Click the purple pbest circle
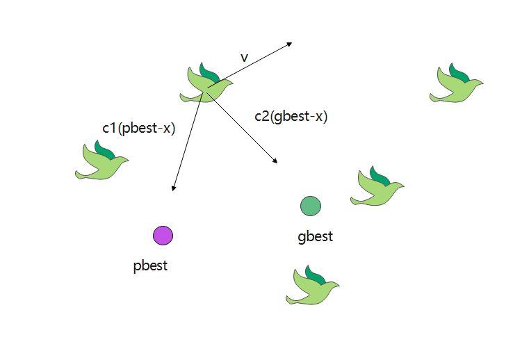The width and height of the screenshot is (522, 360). [x=163, y=236]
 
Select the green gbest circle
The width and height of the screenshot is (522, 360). [x=310, y=206]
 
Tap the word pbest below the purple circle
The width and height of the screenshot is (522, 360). [x=150, y=265]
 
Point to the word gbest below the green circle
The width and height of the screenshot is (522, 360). [x=315, y=236]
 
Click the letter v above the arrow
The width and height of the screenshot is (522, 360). [x=244, y=58]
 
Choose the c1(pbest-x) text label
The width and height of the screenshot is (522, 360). [x=138, y=128]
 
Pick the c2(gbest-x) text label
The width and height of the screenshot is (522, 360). [x=291, y=117]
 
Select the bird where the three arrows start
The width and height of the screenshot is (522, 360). [x=206, y=85]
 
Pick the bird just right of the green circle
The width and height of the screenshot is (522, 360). [x=377, y=188]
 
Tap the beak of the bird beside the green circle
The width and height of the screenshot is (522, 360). [x=401, y=186]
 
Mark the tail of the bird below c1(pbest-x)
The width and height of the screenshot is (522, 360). [x=80, y=173]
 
